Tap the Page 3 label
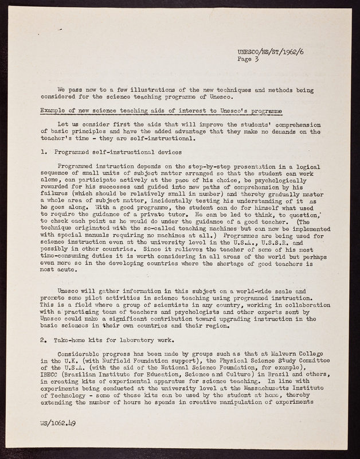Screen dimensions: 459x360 point(248,59)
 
